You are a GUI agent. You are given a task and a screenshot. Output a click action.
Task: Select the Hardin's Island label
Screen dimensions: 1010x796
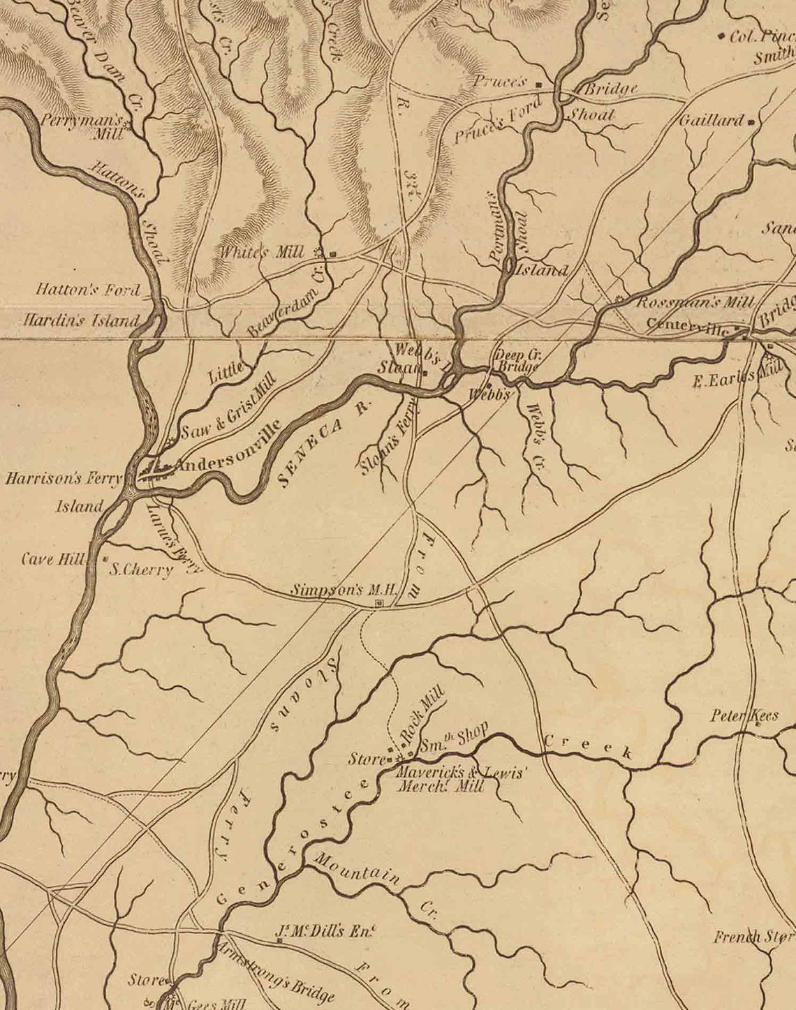80,320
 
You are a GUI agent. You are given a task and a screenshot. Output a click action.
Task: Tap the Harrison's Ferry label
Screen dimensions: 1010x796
64,479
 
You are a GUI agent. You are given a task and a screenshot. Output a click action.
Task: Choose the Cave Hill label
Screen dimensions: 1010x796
53,559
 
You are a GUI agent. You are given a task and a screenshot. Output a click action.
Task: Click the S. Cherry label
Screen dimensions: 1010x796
141,569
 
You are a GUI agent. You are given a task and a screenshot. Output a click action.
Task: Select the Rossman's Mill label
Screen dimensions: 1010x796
695,302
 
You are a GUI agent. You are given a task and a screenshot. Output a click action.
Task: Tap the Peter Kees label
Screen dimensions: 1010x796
744,715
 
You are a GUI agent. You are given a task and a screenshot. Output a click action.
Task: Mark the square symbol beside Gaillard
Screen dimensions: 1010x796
751,122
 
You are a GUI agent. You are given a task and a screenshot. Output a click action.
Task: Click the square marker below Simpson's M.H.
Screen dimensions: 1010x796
379,602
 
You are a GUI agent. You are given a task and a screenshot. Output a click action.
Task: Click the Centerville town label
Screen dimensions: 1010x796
687,325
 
